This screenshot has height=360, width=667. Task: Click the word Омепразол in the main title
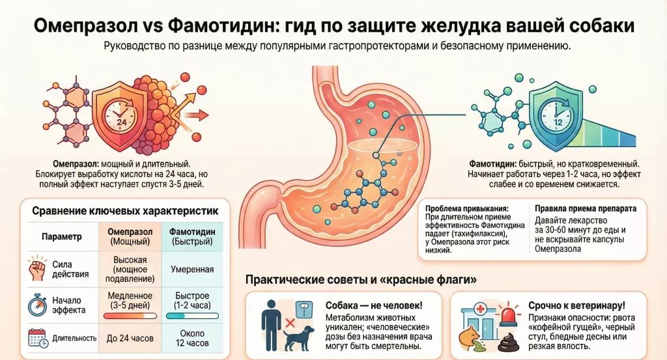87,26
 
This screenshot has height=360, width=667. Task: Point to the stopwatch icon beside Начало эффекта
37,305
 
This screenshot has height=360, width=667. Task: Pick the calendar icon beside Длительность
37,338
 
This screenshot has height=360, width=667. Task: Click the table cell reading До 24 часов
130,339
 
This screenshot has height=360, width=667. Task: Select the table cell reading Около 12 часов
192,339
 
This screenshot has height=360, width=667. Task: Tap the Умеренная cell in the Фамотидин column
192,269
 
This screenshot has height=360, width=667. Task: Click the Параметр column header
62,237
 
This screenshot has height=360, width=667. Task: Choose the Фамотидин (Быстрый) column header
192,237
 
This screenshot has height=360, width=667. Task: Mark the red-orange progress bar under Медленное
130,316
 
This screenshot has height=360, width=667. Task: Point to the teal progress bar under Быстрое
192,316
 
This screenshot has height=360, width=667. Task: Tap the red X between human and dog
290,324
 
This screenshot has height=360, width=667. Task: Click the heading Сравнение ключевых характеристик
126,211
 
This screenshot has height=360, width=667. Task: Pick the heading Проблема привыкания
467,209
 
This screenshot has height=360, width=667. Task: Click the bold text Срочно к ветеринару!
577,305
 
